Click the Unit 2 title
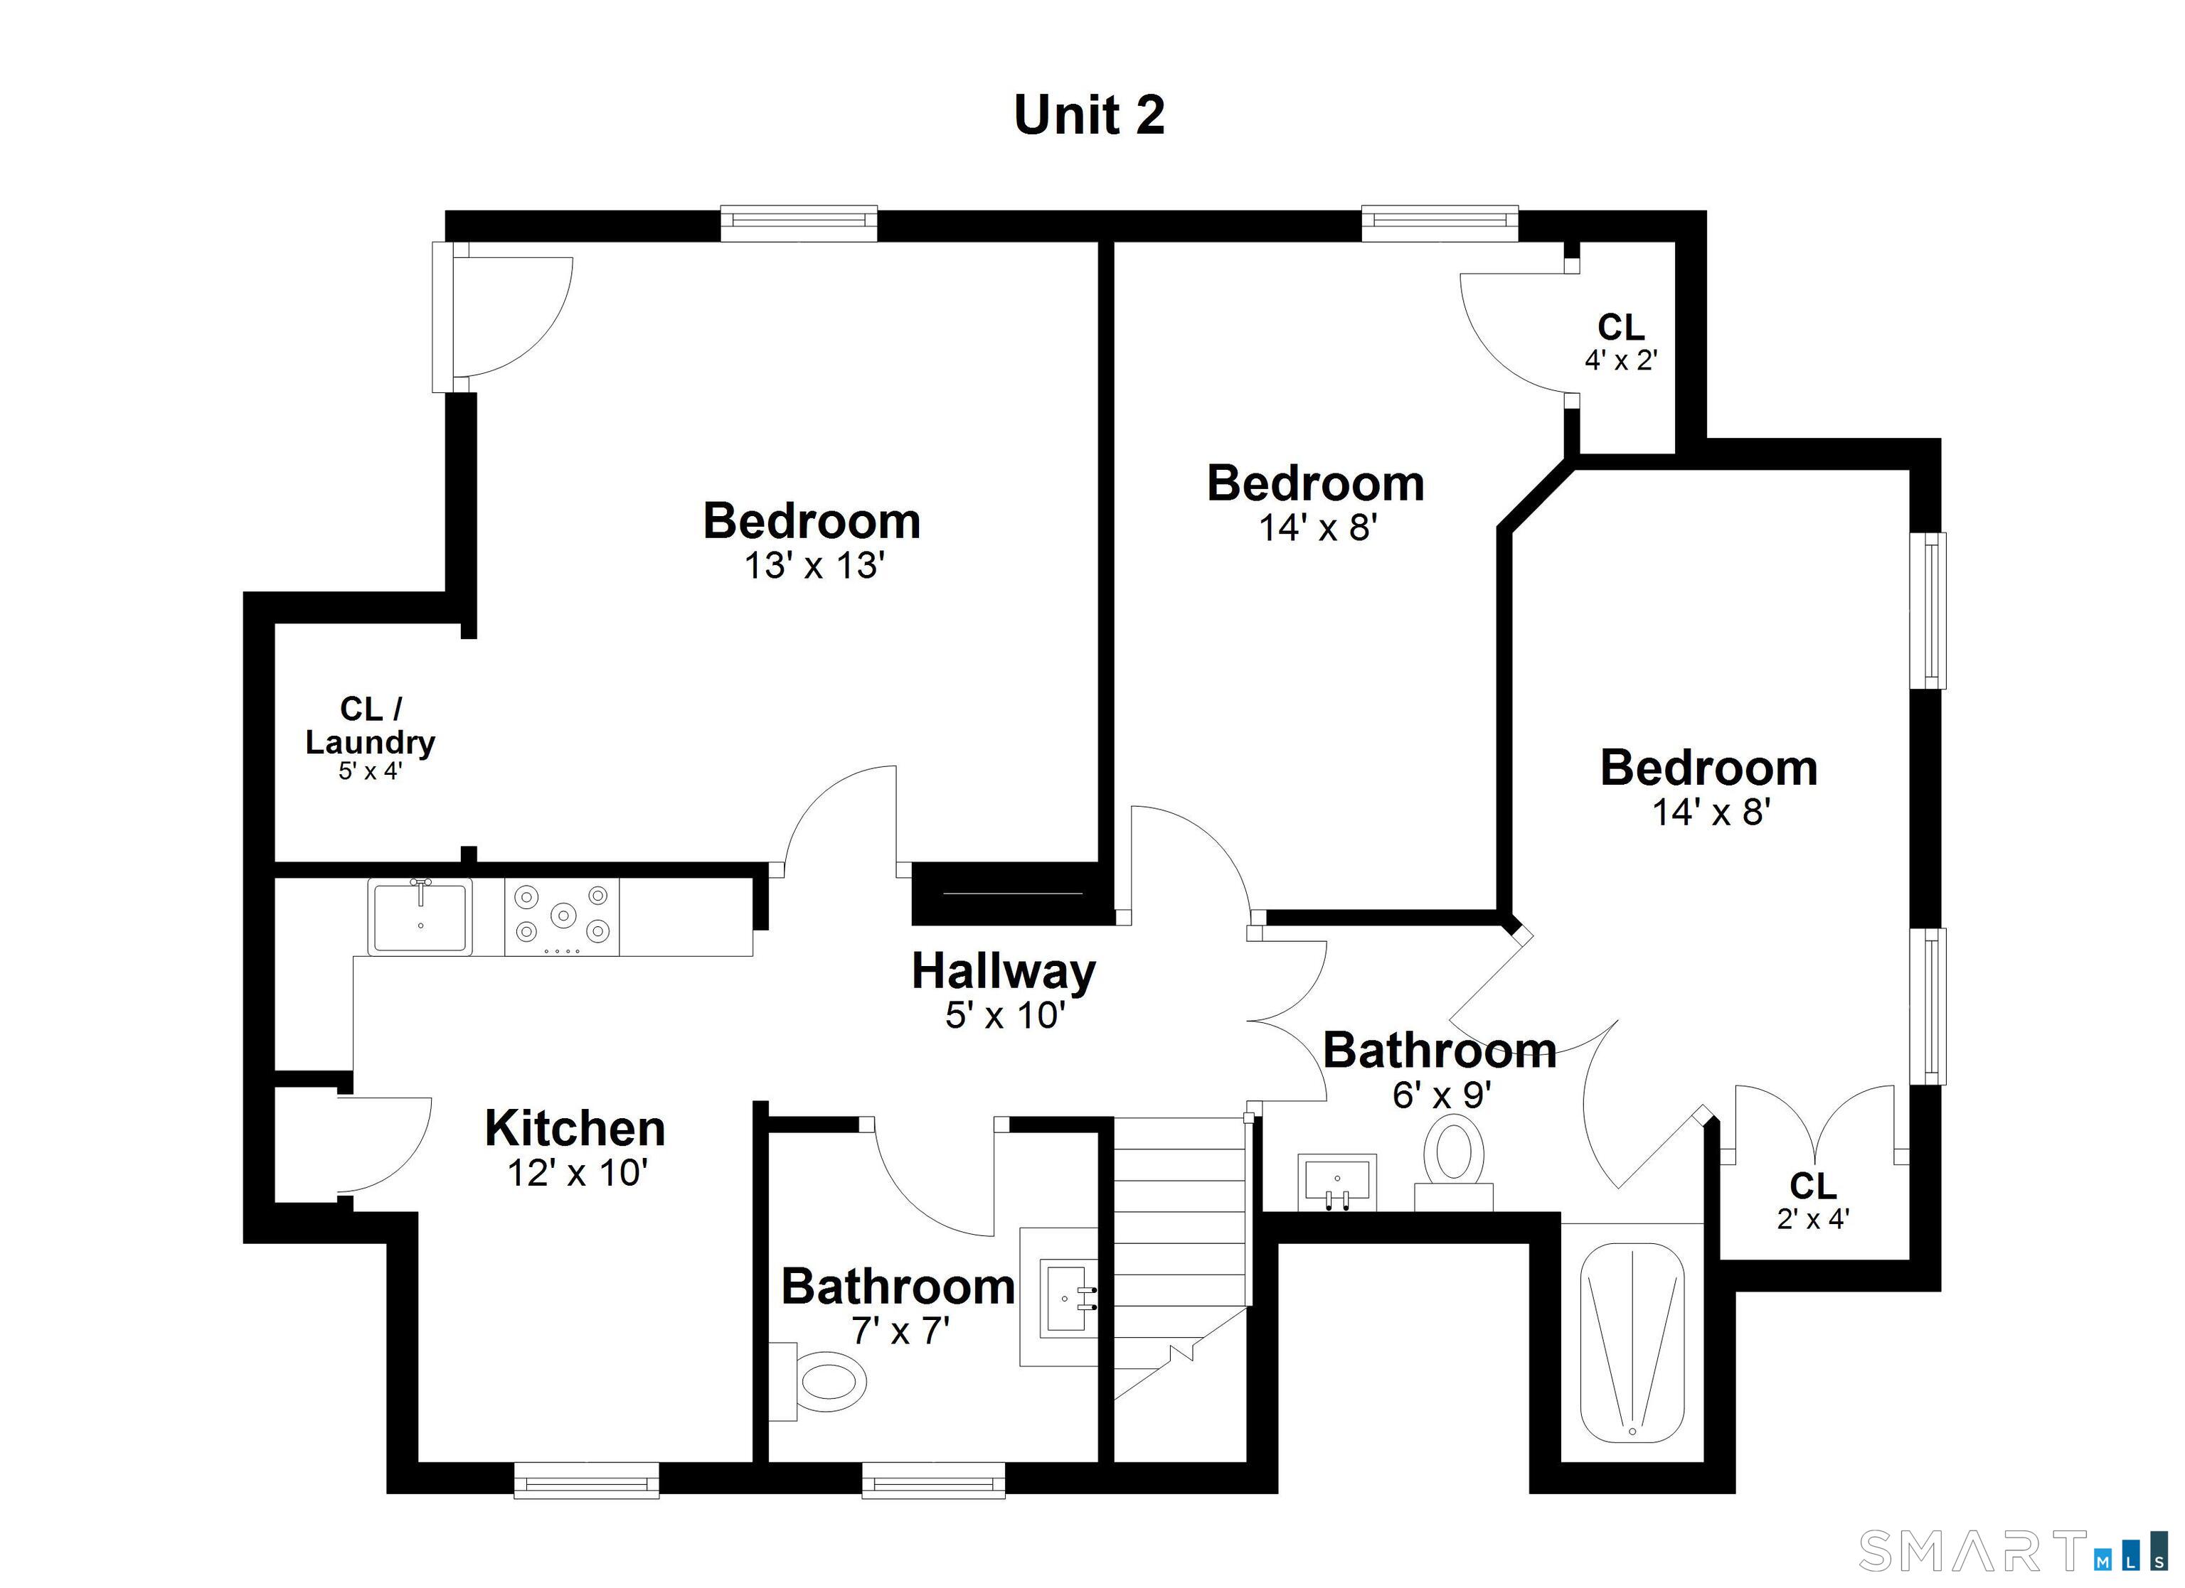click(x=1089, y=116)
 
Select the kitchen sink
click(x=420, y=918)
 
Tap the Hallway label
click(x=1003, y=972)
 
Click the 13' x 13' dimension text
click(x=814, y=565)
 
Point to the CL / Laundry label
click(x=371, y=726)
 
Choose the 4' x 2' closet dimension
click(x=1622, y=360)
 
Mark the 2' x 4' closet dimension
click(x=1813, y=1219)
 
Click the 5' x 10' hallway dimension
click(x=1003, y=1015)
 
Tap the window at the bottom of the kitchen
click(x=586, y=1480)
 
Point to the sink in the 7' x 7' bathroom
click(x=1068, y=1297)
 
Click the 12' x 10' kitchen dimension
click(x=576, y=1173)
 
